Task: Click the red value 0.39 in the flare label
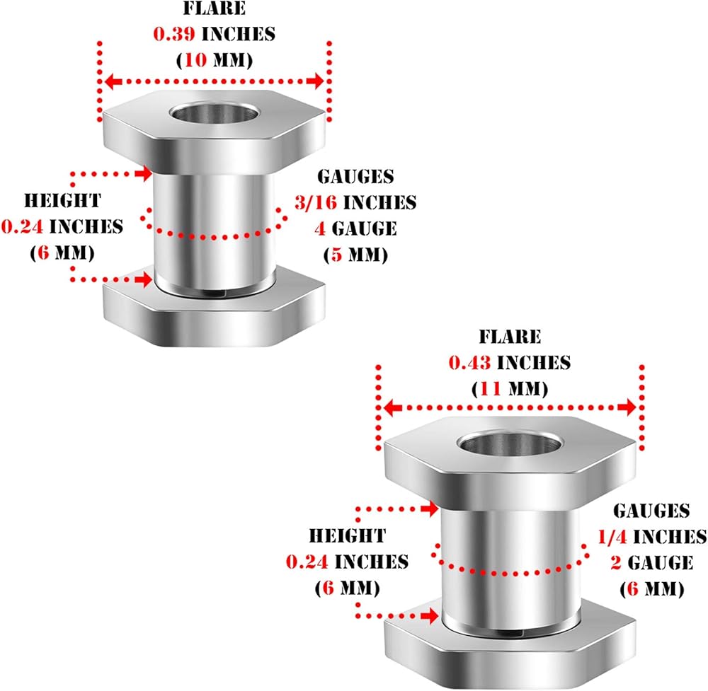pyautogui.click(x=174, y=34)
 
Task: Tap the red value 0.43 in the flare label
pyautogui.click(x=469, y=363)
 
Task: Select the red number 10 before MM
pyautogui.click(x=195, y=60)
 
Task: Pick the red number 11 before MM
pyautogui.click(x=491, y=388)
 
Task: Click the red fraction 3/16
pyautogui.click(x=316, y=202)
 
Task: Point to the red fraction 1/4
pyautogui.click(x=612, y=537)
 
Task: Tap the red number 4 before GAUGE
pyautogui.click(x=320, y=228)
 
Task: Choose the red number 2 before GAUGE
pyautogui.click(x=616, y=563)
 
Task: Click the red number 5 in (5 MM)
pyautogui.click(x=336, y=255)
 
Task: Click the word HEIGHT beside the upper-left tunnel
pyautogui.click(x=63, y=201)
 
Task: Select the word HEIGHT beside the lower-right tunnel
pyautogui.click(x=348, y=536)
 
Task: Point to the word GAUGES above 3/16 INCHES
pyautogui.click(x=355, y=176)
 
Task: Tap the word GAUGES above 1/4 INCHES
pyautogui.click(x=651, y=511)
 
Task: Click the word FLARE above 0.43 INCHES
pyautogui.click(x=510, y=337)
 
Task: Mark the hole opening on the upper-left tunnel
pyautogui.click(x=212, y=112)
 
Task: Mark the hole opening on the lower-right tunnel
pyautogui.click(x=510, y=444)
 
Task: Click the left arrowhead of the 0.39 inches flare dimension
pyautogui.click(x=113, y=81)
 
